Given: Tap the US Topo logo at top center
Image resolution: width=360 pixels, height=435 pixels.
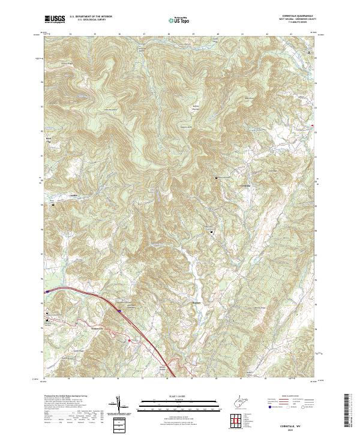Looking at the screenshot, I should point(181,20).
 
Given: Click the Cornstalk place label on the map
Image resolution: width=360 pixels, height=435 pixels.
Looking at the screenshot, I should point(240,184).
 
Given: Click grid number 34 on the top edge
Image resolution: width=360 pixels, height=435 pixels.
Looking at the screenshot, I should point(70,34).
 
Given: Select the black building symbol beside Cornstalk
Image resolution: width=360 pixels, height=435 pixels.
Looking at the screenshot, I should point(216,178).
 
